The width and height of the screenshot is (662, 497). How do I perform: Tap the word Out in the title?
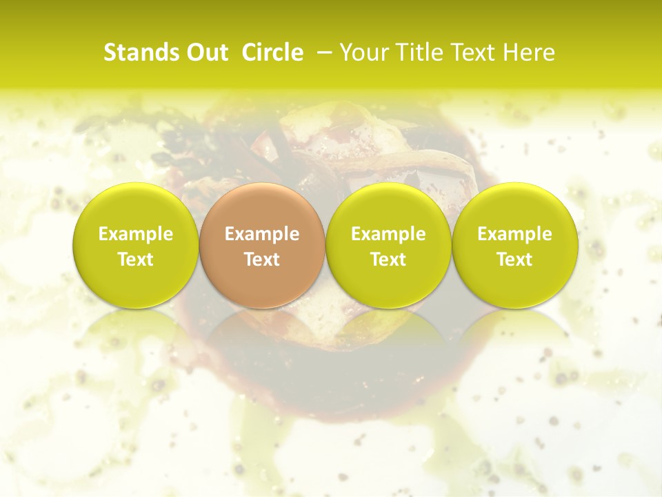[205, 52]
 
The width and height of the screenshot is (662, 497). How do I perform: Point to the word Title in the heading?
[419, 52]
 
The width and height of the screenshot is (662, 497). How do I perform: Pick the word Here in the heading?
[529, 52]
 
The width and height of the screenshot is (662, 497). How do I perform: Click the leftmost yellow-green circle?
[135, 245]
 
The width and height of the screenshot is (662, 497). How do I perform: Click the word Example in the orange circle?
[261, 234]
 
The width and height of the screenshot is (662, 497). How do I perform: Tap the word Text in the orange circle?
[261, 260]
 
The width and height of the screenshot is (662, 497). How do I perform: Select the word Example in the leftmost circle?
[135, 234]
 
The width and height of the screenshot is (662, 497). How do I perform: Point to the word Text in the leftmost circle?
[135, 260]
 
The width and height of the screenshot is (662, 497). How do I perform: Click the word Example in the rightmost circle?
[514, 234]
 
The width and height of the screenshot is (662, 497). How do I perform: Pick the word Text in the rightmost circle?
[514, 260]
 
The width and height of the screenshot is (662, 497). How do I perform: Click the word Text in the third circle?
[388, 260]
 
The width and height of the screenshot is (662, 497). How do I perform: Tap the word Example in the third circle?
[388, 234]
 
